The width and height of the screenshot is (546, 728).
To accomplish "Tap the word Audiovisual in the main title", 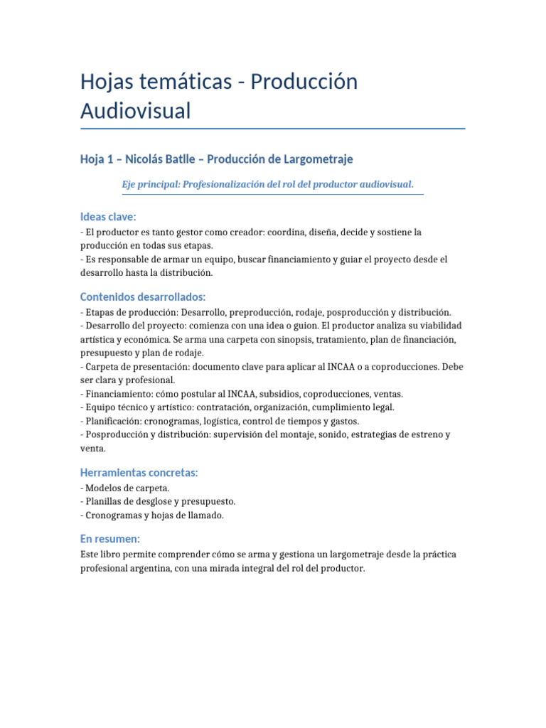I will click(136, 111).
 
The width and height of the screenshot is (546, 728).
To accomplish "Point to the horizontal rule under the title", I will click(273, 129).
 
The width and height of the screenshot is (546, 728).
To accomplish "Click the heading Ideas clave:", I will click(108, 216).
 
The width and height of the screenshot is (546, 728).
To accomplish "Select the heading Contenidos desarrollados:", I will click(142, 296).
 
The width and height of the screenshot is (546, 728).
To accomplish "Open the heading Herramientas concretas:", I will click(139, 473).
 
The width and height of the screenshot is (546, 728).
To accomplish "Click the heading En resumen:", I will click(110, 539).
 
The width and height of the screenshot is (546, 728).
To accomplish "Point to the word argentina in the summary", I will click(150, 569).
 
